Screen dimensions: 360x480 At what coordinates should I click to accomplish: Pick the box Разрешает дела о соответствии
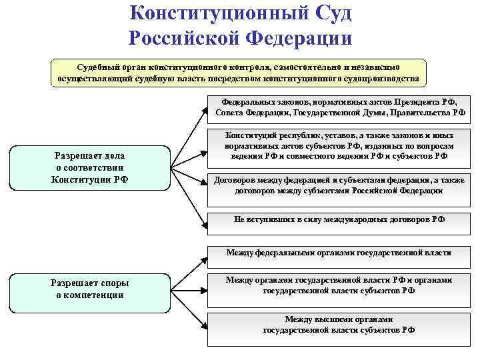pyautogui.click(x=90, y=167)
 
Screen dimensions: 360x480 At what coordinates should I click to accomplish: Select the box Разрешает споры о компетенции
pyautogui.click(x=90, y=288)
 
